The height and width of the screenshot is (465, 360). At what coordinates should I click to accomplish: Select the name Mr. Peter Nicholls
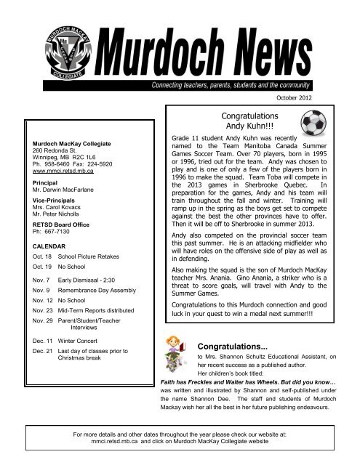pyautogui.click(x=55, y=222)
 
